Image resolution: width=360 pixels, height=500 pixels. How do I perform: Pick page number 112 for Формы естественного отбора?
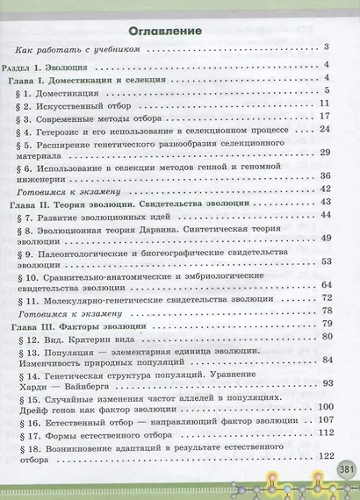(321, 432)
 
